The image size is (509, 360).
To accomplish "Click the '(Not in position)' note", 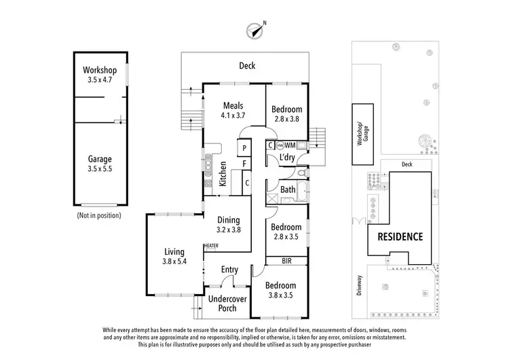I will pyautogui.click(x=99, y=215).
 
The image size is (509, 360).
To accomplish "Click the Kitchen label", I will pyautogui.click(x=223, y=175).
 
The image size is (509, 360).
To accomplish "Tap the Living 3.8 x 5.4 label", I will pyautogui.click(x=174, y=257).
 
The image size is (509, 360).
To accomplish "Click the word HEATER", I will pyautogui.click(x=210, y=246).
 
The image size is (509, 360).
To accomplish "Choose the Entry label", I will pyautogui.click(x=229, y=270).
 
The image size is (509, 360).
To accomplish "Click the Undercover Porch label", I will pyautogui.click(x=227, y=304).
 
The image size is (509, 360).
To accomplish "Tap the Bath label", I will pyautogui.click(x=288, y=190).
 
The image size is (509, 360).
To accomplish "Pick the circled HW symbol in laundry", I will pyautogui.click(x=279, y=145).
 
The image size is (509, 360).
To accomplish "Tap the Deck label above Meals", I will pyautogui.click(x=246, y=66).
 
